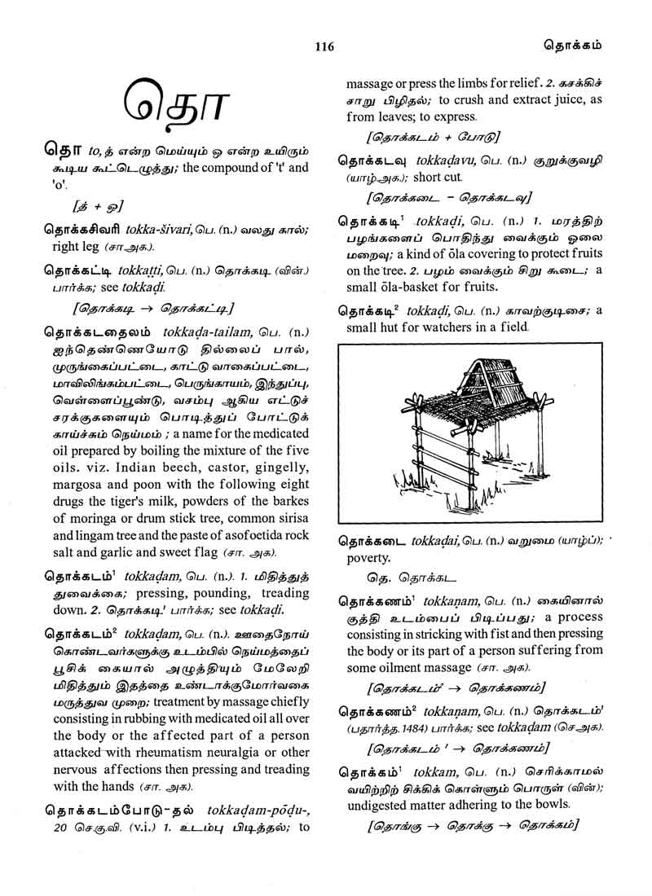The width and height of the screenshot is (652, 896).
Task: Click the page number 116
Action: pos(324,46)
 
